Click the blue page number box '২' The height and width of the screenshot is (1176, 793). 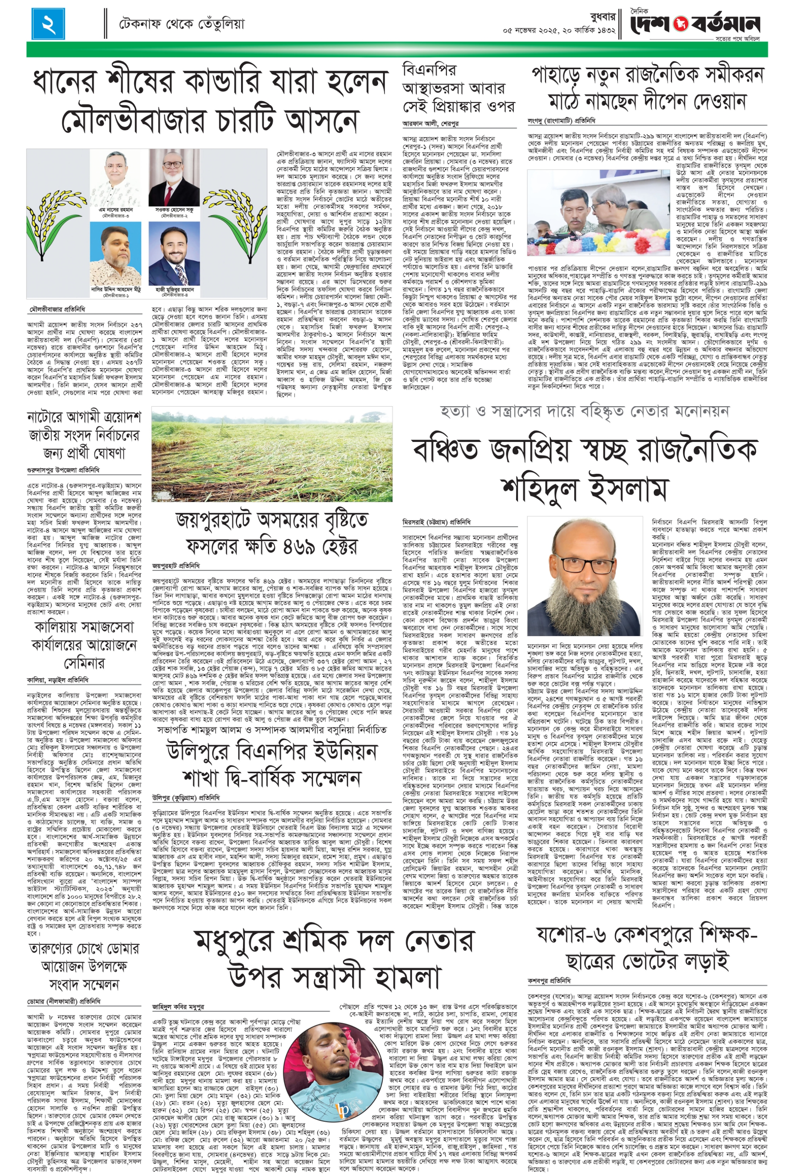(48, 24)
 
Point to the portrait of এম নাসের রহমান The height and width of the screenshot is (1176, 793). (119, 178)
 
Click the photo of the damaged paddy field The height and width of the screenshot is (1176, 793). (272, 456)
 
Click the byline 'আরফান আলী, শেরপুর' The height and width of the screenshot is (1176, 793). (430, 123)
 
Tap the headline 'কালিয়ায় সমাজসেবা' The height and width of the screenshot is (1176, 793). (84, 627)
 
